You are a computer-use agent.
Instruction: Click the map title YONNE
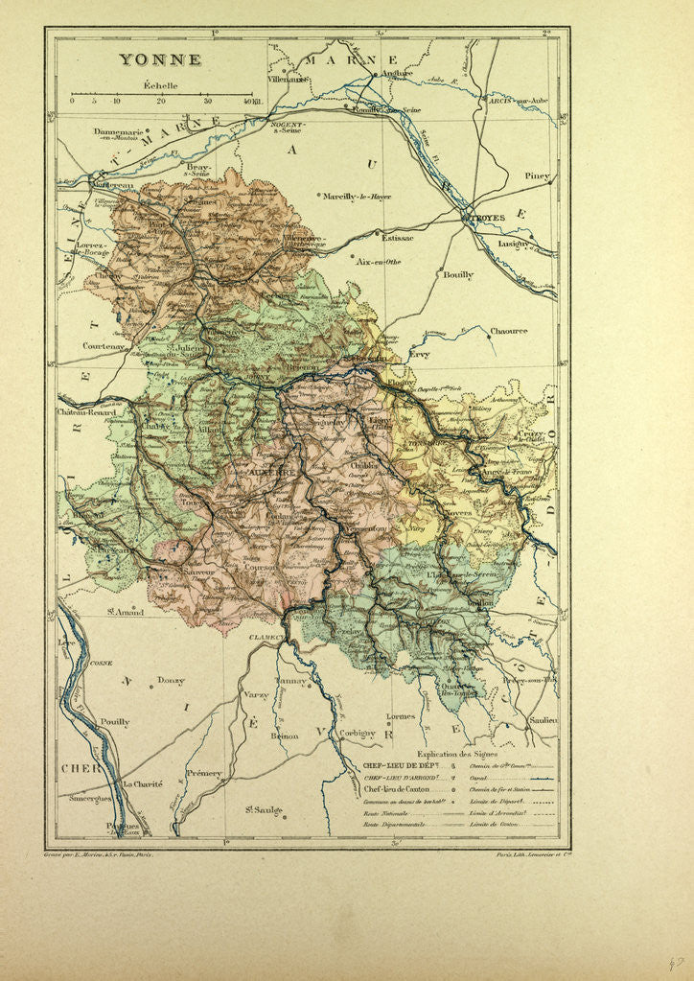pos(160,59)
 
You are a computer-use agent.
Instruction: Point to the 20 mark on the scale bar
pos(161,100)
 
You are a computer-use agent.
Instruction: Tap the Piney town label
pos(538,176)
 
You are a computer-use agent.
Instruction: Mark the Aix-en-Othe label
pos(377,261)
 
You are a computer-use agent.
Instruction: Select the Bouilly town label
pos(457,274)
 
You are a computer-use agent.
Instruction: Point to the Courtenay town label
pos(105,346)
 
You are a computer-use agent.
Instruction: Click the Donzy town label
pos(172,680)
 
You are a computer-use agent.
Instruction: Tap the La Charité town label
pos(143,783)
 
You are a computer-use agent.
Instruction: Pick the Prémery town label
pos(203,773)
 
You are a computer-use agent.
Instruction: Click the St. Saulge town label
pos(263,809)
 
